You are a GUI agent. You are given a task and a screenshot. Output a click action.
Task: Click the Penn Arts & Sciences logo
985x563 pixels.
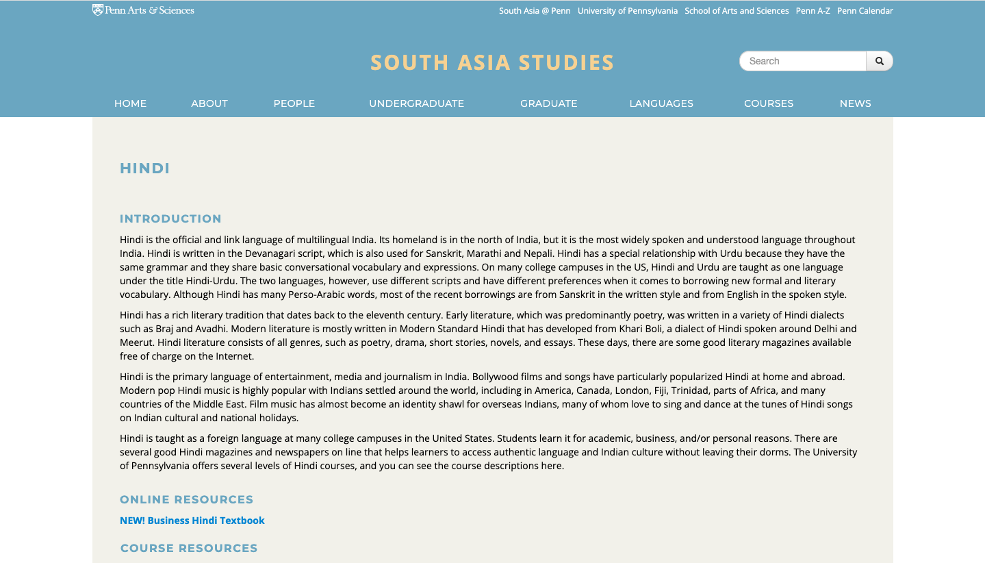[143, 10]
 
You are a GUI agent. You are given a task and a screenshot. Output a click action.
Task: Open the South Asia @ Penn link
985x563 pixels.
[535, 11]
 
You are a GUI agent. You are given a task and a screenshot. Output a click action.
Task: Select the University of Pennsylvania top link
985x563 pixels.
[627, 11]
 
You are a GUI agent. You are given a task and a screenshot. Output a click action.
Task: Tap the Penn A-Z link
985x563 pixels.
[813, 11]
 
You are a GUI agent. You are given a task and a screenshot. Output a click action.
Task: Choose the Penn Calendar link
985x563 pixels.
[865, 11]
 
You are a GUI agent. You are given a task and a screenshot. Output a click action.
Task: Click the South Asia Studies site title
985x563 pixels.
[492, 63]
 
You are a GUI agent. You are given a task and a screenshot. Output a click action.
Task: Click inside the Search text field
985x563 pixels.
[802, 61]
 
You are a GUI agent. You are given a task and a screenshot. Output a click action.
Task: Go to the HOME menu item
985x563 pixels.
[130, 103]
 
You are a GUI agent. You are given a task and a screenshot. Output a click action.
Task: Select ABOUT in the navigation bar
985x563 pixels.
[209, 103]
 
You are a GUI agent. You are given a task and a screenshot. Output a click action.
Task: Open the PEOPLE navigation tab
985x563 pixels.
[294, 103]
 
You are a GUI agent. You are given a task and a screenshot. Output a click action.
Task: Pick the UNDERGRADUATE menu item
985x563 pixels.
[416, 103]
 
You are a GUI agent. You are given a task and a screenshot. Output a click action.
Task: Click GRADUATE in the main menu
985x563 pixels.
[548, 103]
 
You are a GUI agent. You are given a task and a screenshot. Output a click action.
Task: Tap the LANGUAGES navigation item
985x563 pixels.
[661, 103]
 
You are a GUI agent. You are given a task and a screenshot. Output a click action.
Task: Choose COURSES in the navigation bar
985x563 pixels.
[769, 103]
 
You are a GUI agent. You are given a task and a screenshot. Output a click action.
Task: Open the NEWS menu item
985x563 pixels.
[855, 103]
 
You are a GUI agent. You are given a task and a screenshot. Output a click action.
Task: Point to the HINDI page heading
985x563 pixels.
[145, 168]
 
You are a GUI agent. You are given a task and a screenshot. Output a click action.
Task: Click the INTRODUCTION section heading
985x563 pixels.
[170, 219]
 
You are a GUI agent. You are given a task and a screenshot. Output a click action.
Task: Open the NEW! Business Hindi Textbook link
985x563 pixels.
[192, 521]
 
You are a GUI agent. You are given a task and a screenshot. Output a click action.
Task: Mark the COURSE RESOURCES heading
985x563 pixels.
[189, 549]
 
